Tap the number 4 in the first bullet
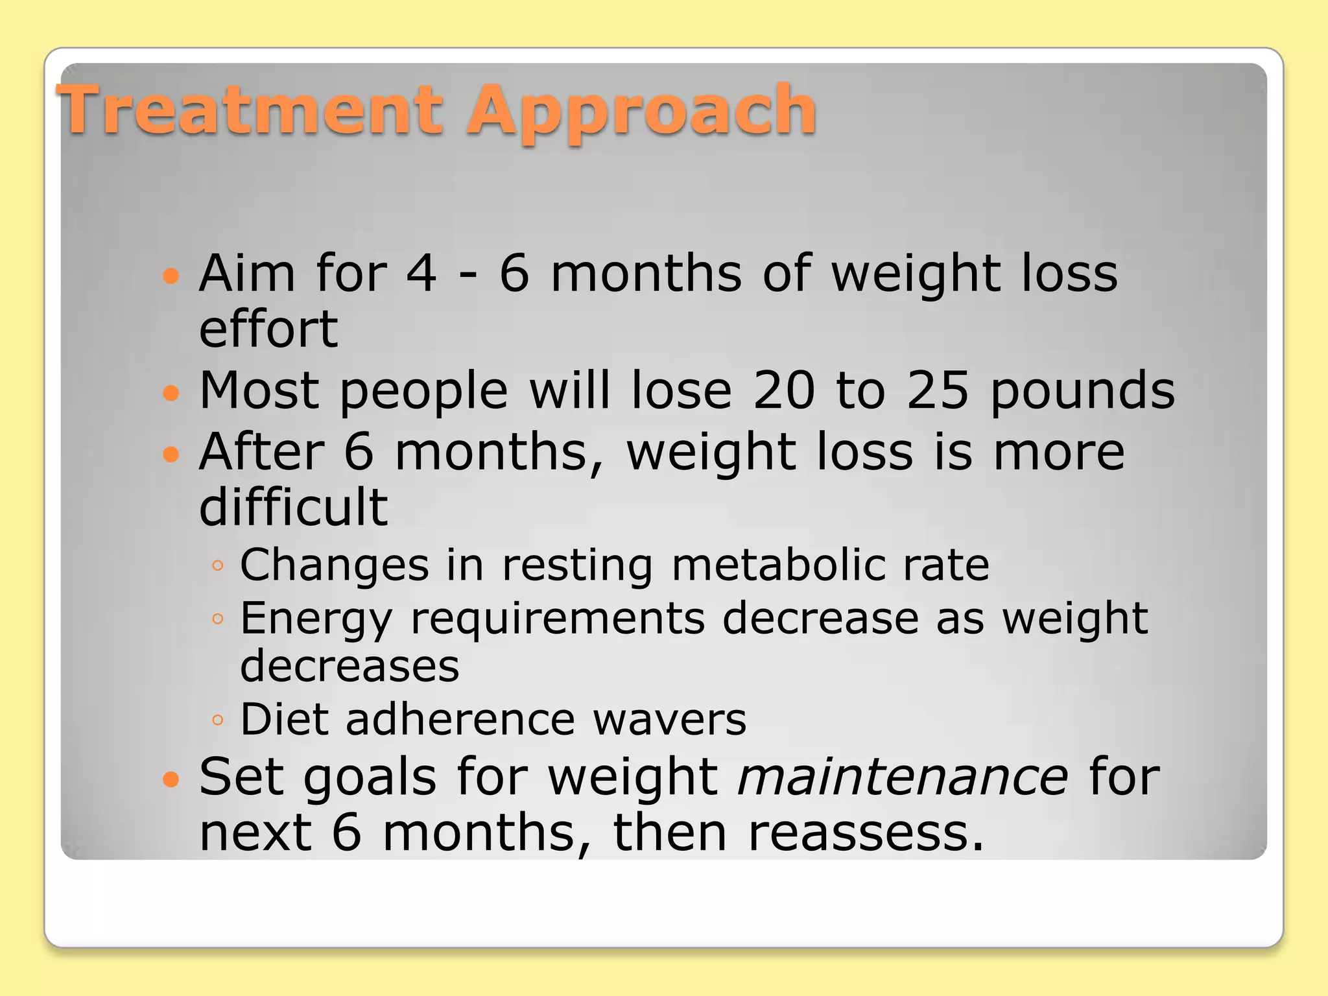(x=421, y=274)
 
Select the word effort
(x=268, y=329)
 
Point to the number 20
(x=783, y=390)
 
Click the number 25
(x=938, y=390)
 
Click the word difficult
(x=293, y=506)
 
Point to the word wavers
(x=669, y=720)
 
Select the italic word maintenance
(x=903, y=777)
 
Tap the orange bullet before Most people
(x=171, y=392)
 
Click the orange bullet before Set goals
(x=171, y=778)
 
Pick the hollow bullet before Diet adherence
(x=218, y=720)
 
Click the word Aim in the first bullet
(x=247, y=274)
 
